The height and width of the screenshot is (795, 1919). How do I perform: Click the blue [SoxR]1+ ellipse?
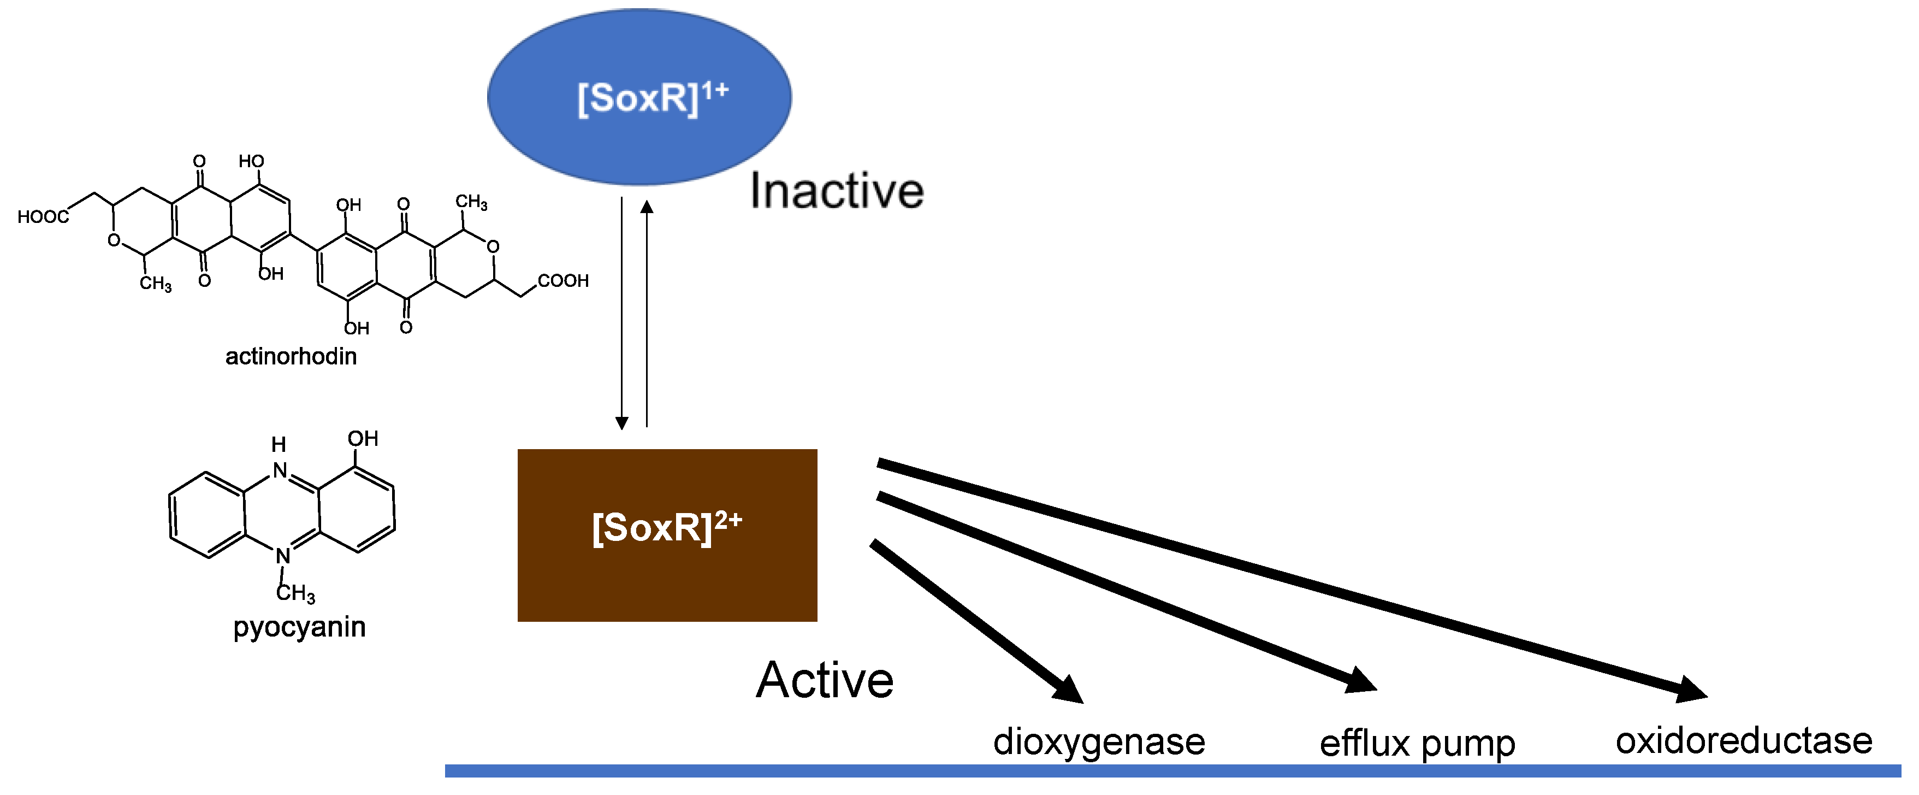[x=639, y=97]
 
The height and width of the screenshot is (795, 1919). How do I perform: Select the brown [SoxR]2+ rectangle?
[x=667, y=534]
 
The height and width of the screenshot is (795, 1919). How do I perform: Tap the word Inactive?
[x=836, y=191]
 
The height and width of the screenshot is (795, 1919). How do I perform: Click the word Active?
[x=824, y=680]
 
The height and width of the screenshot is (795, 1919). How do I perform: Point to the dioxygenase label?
[x=1098, y=742]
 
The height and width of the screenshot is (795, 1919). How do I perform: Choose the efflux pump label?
[x=1417, y=744]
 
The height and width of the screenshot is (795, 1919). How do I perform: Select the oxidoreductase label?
[x=1743, y=740]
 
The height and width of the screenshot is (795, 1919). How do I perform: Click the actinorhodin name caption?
[x=291, y=356]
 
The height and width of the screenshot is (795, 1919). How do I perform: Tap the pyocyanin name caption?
[x=299, y=627]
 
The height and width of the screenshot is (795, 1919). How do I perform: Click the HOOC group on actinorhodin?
[x=43, y=217]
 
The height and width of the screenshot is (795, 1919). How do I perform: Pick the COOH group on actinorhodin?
[x=563, y=281]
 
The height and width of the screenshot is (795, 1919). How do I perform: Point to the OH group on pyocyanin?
[x=363, y=438]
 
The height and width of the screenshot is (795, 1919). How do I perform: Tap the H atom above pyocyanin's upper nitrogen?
[x=279, y=445]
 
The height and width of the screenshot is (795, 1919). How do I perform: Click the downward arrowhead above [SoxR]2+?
[x=621, y=422]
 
